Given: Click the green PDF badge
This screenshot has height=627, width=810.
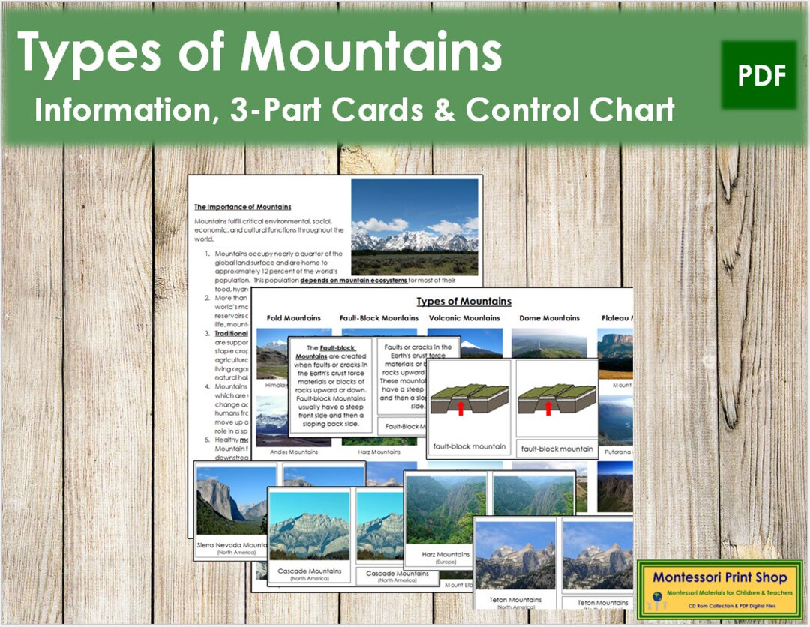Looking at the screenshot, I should (x=759, y=75).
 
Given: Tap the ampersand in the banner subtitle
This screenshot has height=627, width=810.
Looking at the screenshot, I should (x=445, y=110).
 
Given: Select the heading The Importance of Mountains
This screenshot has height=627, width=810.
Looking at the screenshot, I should (x=243, y=207).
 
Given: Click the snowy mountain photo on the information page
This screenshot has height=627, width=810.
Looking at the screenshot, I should (x=414, y=226).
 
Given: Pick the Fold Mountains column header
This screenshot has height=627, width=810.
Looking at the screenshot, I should (x=293, y=318).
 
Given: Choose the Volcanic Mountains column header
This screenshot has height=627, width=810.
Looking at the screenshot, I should (x=463, y=318).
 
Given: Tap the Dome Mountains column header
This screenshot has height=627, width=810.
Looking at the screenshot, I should (x=550, y=318).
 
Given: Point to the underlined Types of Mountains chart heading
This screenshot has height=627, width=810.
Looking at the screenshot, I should (x=463, y=301).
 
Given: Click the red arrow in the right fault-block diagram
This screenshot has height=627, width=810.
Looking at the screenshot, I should (x=547, y=406).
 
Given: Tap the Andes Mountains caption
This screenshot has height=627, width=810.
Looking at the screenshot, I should (x=288, y=452).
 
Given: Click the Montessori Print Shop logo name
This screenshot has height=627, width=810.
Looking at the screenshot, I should (x=719, y=577).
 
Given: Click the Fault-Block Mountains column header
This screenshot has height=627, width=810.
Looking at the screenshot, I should (x=379, y=318).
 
